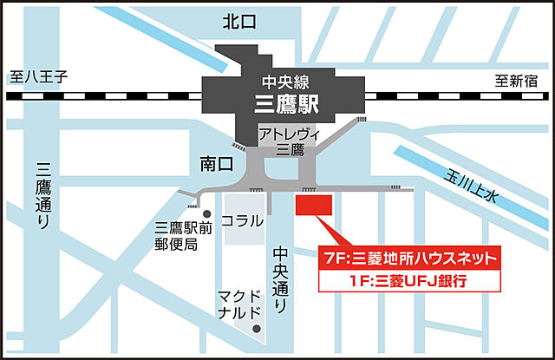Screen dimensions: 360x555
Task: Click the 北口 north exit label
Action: coord(239,22)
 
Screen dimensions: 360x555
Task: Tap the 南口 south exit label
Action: coord(213,162)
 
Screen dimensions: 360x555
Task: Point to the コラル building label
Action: coord(241,220)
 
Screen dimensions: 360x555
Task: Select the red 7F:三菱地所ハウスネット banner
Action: coord(410,258)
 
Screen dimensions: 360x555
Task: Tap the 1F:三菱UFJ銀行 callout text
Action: coord(410,281)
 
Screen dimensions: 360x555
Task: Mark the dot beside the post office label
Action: coord(206,214)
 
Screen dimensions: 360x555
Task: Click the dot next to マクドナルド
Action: coord(258,329)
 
